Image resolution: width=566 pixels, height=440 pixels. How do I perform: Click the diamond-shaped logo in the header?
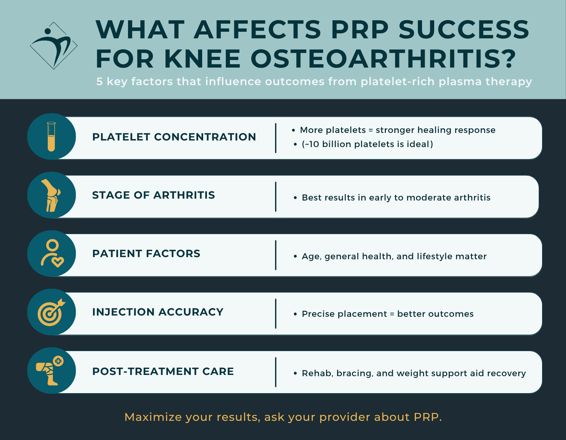[54, 46]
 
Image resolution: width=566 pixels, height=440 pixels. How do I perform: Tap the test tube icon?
[51, 137]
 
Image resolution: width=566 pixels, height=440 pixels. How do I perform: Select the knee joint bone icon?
[51, 195]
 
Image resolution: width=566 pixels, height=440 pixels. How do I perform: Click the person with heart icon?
[52, 254]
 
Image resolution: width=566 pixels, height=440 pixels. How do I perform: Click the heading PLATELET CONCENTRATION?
[174, 137]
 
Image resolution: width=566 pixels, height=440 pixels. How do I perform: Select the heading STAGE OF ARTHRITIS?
[153, 195]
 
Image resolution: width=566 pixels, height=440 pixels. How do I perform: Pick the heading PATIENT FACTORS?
[146, 254]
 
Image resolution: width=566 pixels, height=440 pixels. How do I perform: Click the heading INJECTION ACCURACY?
[158, 312]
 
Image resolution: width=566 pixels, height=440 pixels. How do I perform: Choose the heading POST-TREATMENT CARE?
[163, 371]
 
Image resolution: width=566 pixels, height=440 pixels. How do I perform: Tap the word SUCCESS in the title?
[464, 30]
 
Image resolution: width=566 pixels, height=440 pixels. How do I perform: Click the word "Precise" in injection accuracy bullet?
[318, 314]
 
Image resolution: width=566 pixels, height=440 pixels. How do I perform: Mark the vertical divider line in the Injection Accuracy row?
[276, 314]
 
